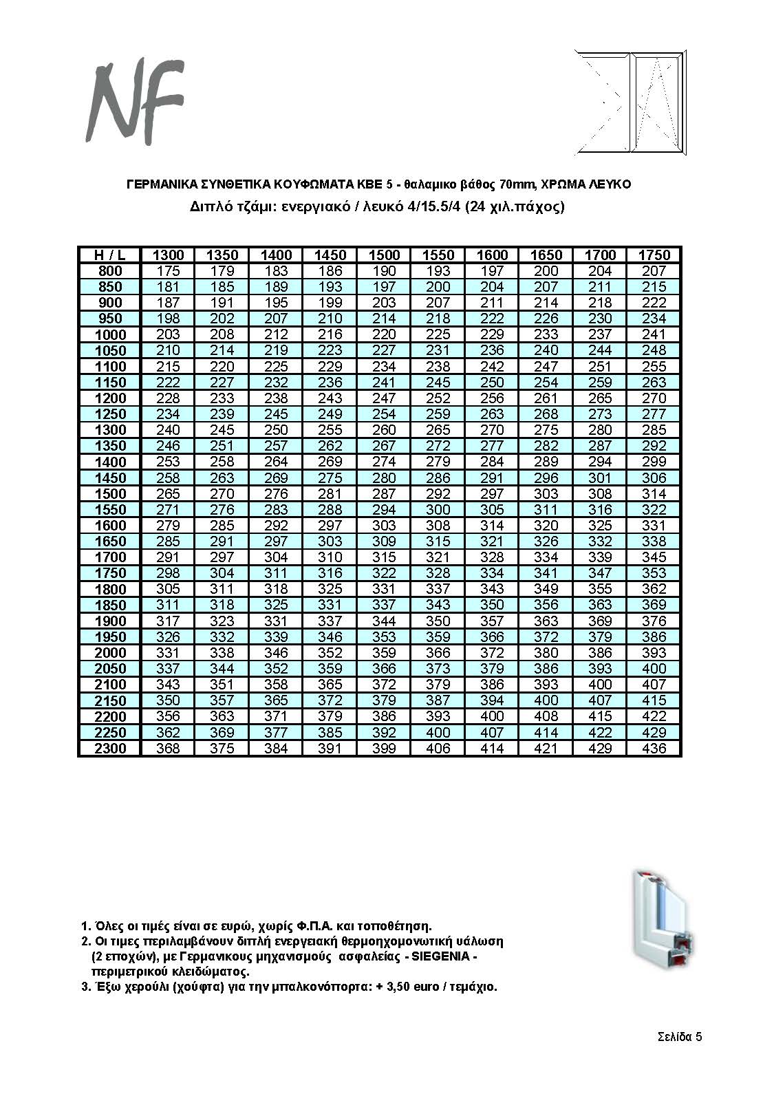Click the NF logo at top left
tap(135, 100)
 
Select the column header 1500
tap(384, 255)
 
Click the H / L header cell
tap(109, 255)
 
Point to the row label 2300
tap(109, 749)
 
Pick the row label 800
tap(109, 271)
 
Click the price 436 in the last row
tap(654, 749)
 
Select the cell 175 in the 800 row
tap(168, 271)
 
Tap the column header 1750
tap(654, 255)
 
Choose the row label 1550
tap(109, 510)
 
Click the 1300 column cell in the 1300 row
tap(168, 430)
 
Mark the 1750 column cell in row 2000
tap(654, 653)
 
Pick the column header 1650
tap(546, 255)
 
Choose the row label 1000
tap(109, 334)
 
